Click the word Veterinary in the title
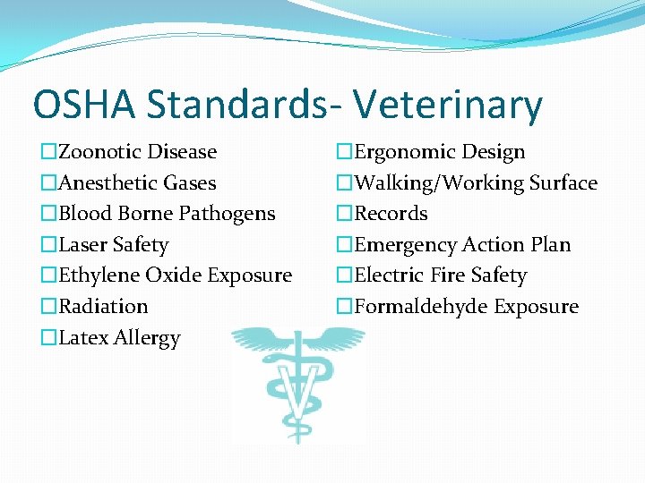click(448, 105)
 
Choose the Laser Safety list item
click(113, 245)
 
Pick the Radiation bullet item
click(103, 307)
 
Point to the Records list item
click(391, 214)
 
